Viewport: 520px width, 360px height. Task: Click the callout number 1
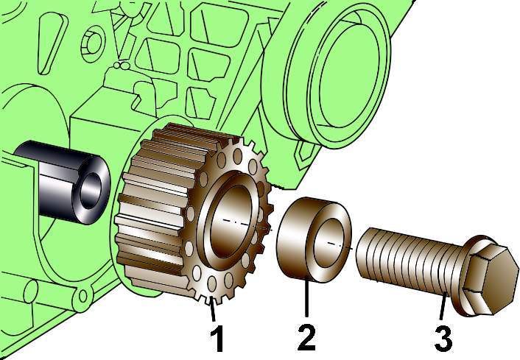click(217, 337)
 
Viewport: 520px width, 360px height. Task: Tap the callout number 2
click(306, 336)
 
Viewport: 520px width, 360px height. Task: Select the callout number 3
click(443, 338)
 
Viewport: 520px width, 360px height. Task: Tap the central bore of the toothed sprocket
click(233, 221)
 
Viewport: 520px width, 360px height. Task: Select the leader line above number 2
click(306, 298)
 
